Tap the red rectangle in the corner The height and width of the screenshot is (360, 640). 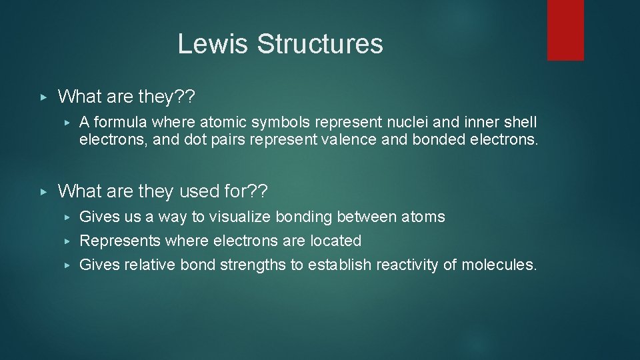565,30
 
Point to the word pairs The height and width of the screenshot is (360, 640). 233,141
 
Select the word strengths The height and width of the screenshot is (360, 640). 251,265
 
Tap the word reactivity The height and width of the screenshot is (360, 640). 408,265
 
